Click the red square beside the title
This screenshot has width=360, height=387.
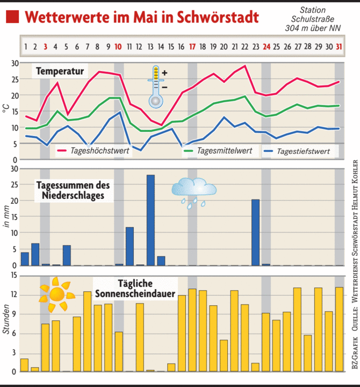point(13,17)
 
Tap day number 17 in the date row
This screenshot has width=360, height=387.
point(192,47)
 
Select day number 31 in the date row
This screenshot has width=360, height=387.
point(339,47)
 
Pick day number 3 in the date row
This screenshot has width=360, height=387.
point(46,47)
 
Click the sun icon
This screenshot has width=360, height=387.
point(56,293)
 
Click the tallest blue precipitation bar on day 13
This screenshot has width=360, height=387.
point(150,220)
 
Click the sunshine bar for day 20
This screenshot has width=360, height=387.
point(224,355)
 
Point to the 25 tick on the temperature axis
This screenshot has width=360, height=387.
point(15,79)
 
